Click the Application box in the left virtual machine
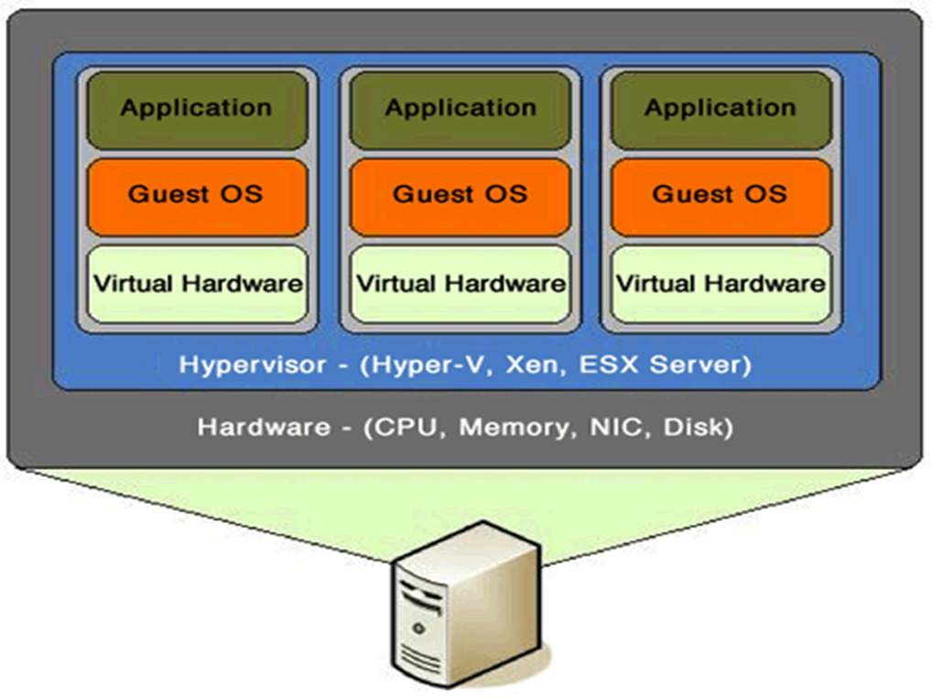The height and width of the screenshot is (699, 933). coord(196,109)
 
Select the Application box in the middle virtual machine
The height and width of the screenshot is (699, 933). coord(460,109)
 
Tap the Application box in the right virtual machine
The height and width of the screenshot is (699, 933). coord(721,109)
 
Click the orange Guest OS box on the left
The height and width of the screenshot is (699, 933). coord(196,195)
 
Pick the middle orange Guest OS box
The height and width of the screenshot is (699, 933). coord(460,195)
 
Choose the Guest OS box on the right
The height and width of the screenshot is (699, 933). coord(721,195)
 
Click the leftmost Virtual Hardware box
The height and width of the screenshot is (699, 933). coord(197,283)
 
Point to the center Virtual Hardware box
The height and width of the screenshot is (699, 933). coord(460,283)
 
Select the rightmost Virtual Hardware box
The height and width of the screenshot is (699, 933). coord(721,283)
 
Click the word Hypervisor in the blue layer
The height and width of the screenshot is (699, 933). coord(252,365)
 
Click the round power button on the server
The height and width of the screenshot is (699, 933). coord(419,629)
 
